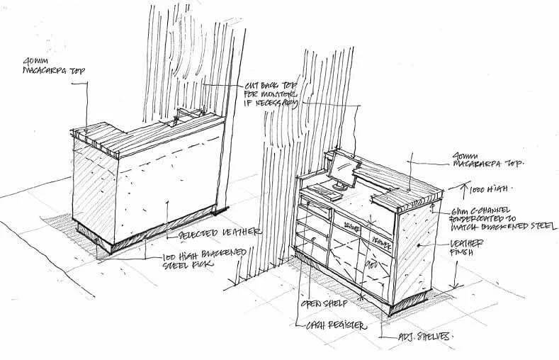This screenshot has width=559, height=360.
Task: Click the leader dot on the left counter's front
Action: (166, 204)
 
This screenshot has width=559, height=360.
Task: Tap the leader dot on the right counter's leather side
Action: (419, 244)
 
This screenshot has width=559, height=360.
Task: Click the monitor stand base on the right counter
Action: (339, 187)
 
